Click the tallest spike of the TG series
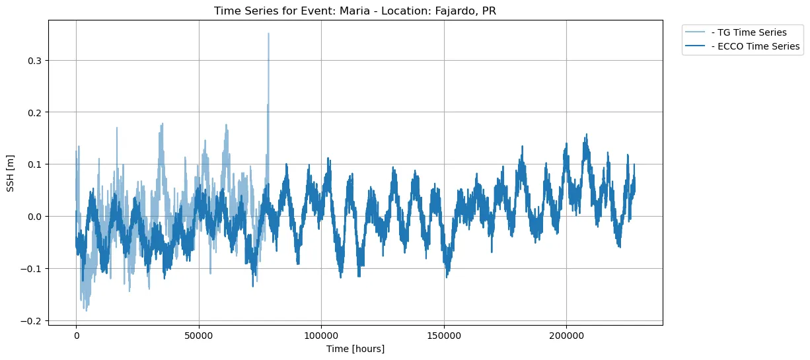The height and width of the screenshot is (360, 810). click(268, 34)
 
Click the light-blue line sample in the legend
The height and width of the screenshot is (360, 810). click(697, 32)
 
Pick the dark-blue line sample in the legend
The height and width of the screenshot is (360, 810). click(697, 46)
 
